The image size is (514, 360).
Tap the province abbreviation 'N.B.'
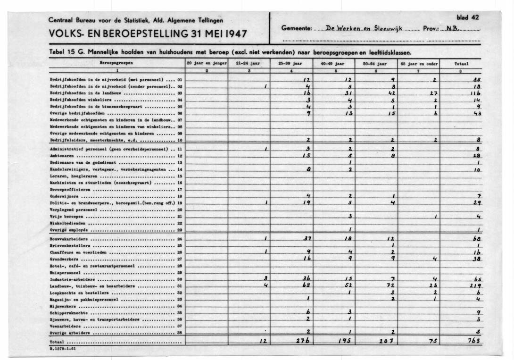tap(452, 29)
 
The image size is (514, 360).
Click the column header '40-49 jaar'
tap(332, 63)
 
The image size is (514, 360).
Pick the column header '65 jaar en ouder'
tap(418, 63)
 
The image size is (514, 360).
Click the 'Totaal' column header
tap(461, 63)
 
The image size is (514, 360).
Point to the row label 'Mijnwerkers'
tap(59, 306)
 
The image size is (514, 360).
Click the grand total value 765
tap(473, 341)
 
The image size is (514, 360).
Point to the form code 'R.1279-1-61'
tap(63, 349)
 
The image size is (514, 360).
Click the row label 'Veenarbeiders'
tap(62, 326)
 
